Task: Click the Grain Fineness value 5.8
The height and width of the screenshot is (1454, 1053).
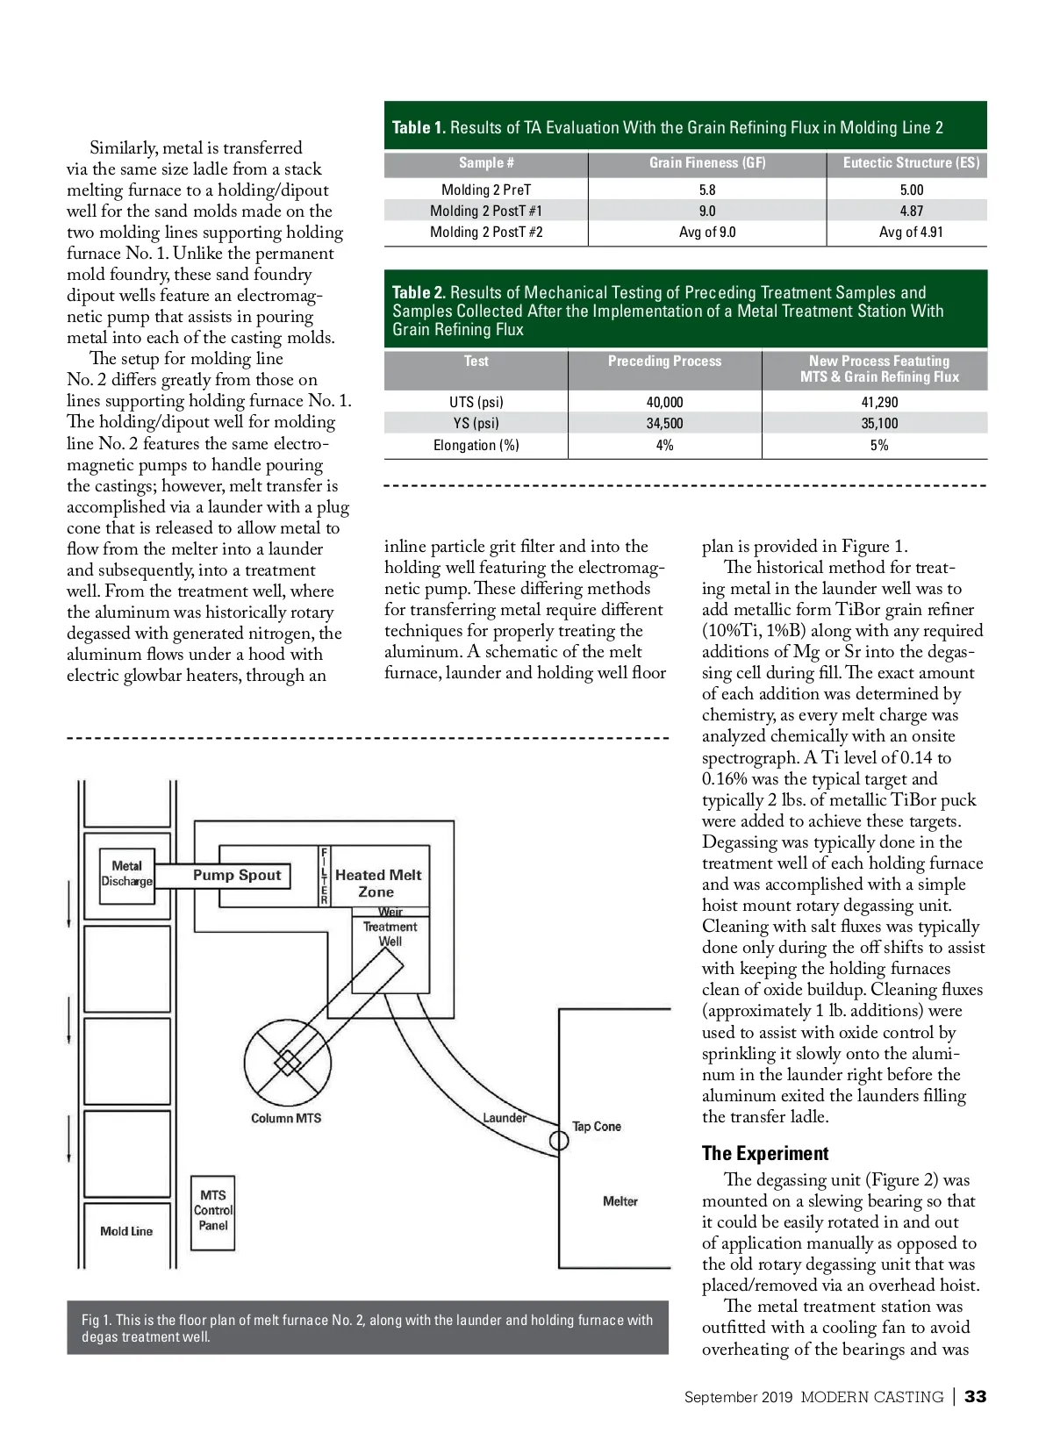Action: [x=707, y=190]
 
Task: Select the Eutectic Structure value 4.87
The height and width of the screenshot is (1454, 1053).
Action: [x=911, y=211]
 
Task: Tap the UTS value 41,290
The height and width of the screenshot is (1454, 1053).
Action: [x=879, y=402]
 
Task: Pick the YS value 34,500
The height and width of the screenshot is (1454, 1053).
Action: [x=664, y=423]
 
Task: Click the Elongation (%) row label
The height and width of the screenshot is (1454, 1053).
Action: [x=476, y=445]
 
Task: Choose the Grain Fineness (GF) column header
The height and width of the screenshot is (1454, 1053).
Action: [x=707, y=163]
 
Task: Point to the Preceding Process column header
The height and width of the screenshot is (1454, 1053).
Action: [x=664, y=362]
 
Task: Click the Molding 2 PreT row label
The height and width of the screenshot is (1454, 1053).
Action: [x=486, y=190]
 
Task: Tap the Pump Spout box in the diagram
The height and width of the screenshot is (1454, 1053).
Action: [x=237, y=875]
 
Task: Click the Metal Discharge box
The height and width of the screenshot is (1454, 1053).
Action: [x=127, y=873]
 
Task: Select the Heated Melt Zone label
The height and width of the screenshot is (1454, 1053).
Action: [x=377, y=883]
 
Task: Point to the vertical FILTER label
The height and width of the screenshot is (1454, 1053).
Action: [x=324, y=876]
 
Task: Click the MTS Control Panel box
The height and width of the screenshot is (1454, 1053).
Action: [x=213, y=1211]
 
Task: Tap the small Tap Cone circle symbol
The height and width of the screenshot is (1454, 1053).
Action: [x=559, y=1141]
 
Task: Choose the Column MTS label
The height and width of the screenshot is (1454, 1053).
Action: [x=286, y=1118]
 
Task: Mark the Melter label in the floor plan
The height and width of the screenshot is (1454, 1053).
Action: [x=620, y=1201]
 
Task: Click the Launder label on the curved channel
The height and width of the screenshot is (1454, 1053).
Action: [x=505, y=1117]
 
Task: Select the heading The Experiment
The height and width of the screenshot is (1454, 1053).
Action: [x=765, y=1153]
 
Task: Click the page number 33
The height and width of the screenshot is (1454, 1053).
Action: [x=975, y=1397]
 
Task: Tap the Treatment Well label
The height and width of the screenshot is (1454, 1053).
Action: [x=390, y=934]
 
